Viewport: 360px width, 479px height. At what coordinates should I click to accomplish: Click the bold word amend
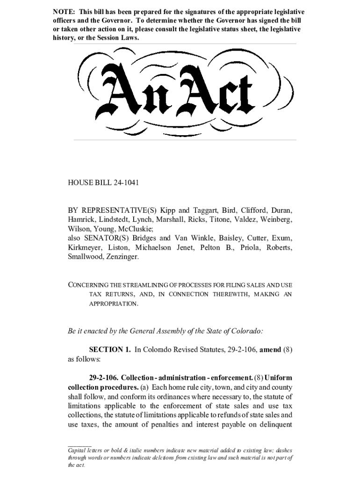point(269,349)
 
